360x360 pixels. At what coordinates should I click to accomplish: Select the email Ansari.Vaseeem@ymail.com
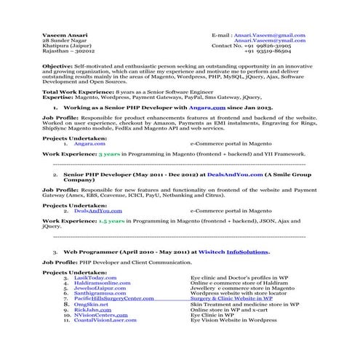[274, 40]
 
